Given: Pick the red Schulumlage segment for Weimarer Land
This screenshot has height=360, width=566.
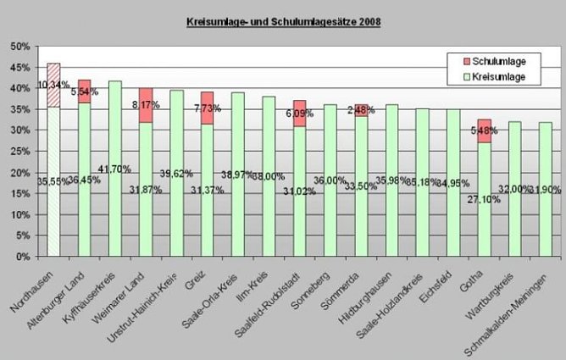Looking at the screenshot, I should [x=147, y=105].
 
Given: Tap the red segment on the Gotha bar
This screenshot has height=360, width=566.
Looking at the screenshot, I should [x=485, y=130].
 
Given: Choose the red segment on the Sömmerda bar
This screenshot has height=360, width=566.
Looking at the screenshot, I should [x=362, y=110].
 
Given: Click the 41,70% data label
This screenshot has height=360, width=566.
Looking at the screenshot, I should [x=114, y=169].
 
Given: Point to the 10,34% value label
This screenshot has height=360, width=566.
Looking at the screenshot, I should [x=53, y=85].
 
